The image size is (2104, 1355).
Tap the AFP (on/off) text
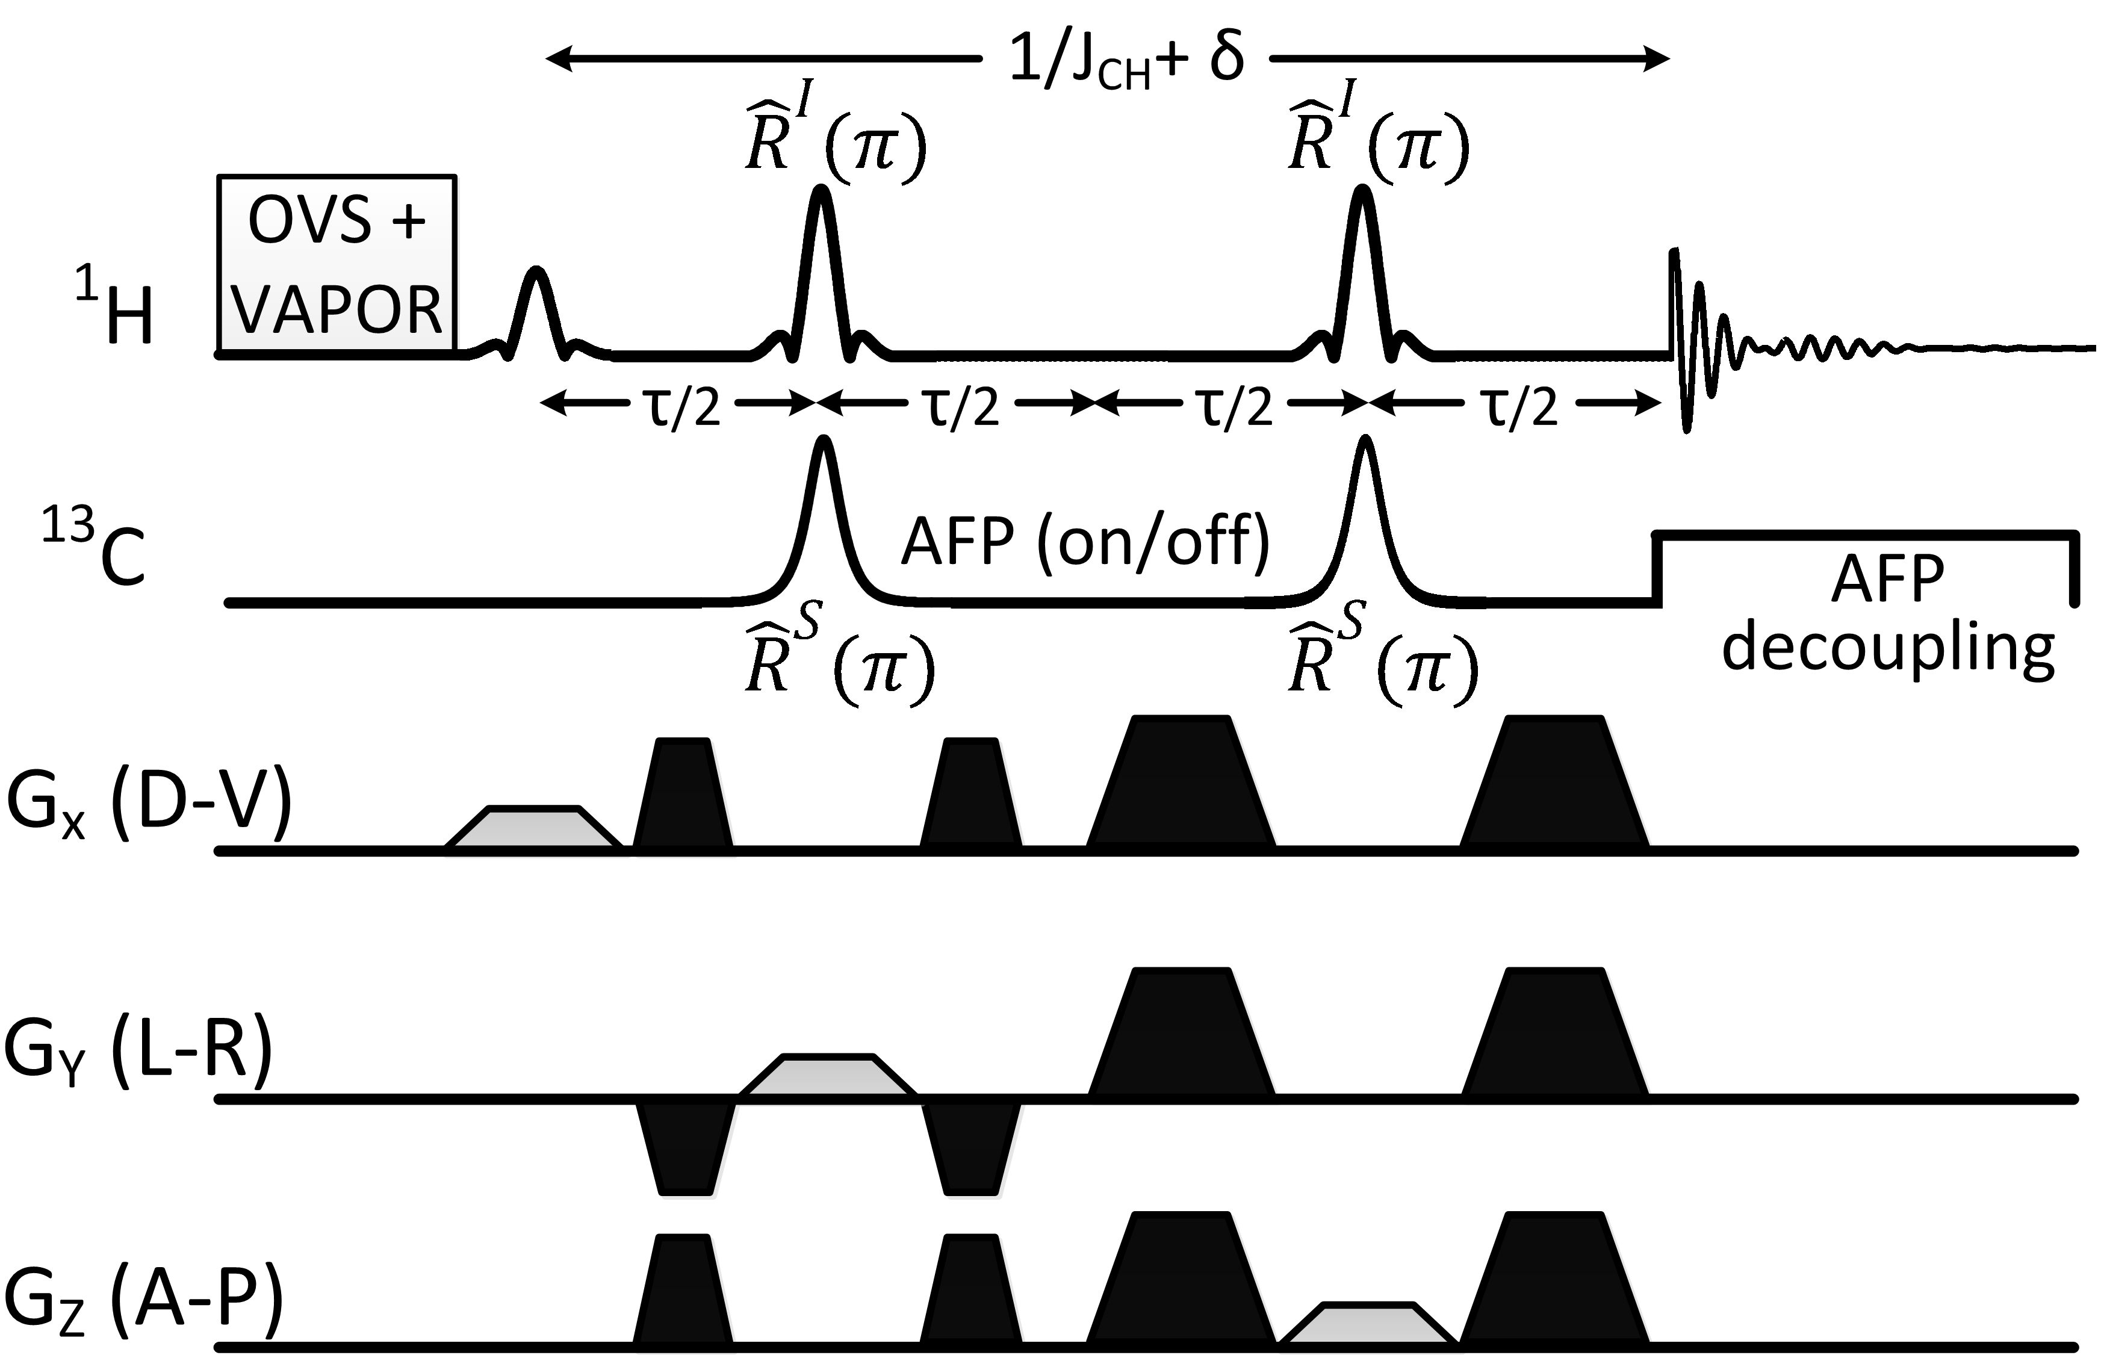click(x=1085, y=541)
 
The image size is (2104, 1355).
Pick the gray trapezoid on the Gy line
click(x=828, y=1075)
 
